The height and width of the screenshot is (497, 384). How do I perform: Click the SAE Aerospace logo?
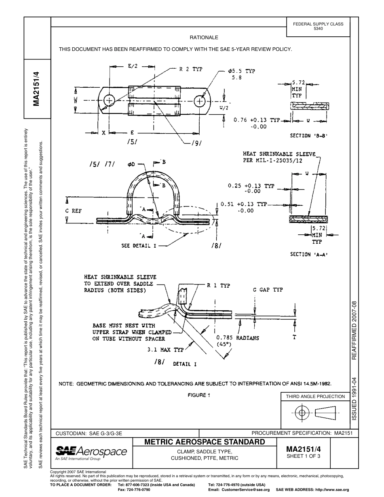point(91,453)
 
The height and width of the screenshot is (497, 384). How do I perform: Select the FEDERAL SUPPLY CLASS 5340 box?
point(318,26)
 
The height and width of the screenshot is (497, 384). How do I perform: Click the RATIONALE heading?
point(204,38)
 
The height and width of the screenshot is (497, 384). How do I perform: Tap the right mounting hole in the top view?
point(200,101)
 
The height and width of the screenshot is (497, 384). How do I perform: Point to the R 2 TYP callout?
point(191,69)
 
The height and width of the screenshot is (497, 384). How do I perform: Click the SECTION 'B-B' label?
point(308,136)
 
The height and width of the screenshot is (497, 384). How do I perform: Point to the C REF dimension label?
point(73,211)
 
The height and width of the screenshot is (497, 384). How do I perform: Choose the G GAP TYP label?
point(268,290)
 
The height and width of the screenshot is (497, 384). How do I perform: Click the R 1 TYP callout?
point(218,285)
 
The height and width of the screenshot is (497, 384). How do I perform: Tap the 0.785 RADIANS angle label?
point(238,338)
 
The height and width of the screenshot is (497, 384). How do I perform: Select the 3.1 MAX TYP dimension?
point(165,350)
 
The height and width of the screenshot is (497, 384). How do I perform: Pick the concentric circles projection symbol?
point(302,413)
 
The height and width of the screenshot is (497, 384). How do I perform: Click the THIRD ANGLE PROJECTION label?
point(315,396)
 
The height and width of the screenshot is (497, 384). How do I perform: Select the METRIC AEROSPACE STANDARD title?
point(205,442)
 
